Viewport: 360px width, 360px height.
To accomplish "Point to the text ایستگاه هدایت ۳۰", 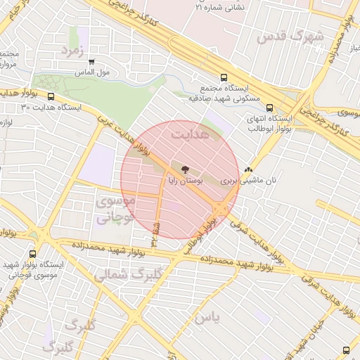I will click(x=51, y=108).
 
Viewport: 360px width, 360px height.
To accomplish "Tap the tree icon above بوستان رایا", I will click(x=185, y=169).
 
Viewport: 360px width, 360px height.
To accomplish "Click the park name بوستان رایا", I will click(x=185, y=181).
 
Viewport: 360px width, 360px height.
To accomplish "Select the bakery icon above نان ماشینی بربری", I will click(x=247, y=169).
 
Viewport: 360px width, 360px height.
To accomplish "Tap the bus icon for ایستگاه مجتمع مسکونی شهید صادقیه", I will click(x=224, y=78).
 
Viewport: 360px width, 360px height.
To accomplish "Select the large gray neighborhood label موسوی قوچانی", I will click(x=112, y=210).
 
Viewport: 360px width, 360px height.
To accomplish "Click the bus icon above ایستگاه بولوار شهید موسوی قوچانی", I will click(x=32, y=254).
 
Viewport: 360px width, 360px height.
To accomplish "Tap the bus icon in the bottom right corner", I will click(x=345, y=349).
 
